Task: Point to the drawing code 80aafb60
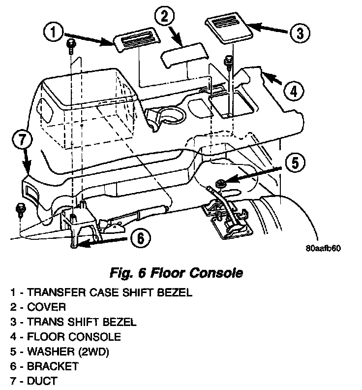tap(323, 248)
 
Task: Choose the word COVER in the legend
tap(47, 307)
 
